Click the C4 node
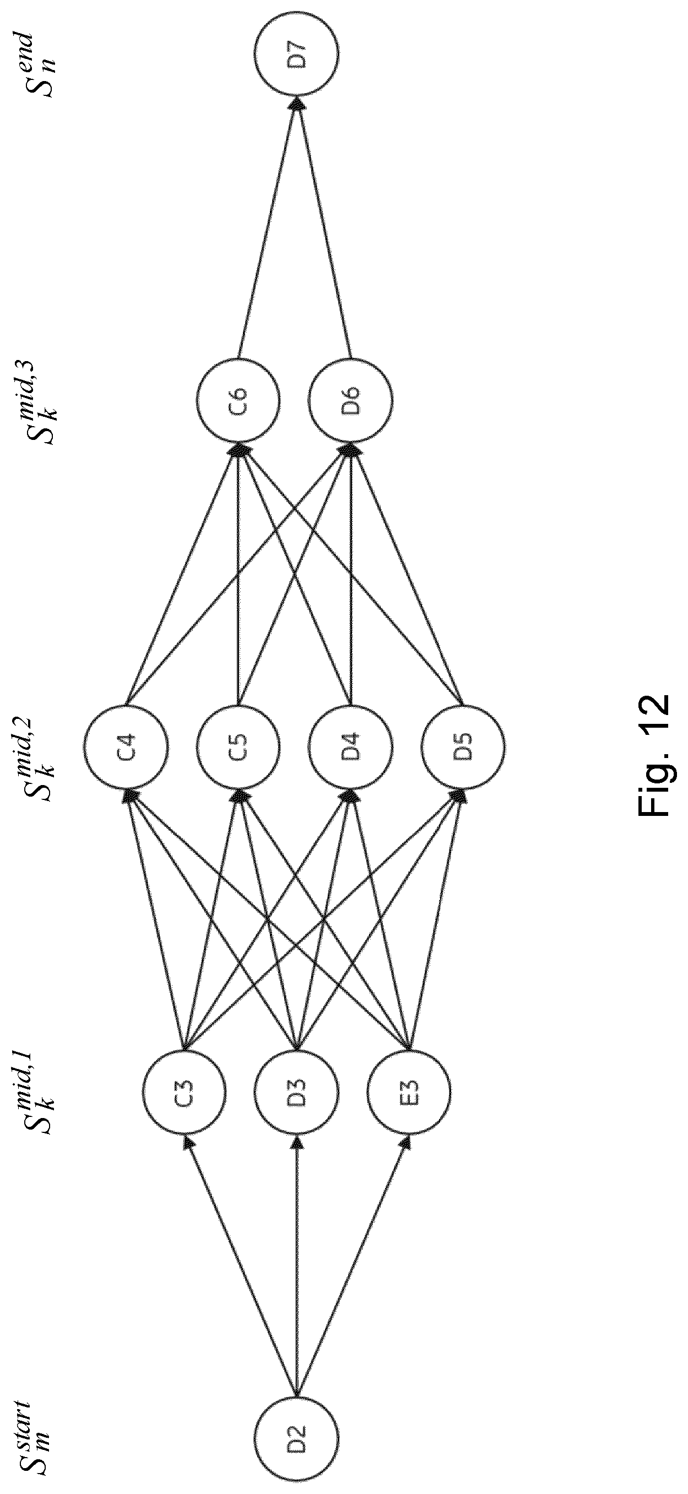coord(126,746)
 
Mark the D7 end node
coord(296,55)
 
